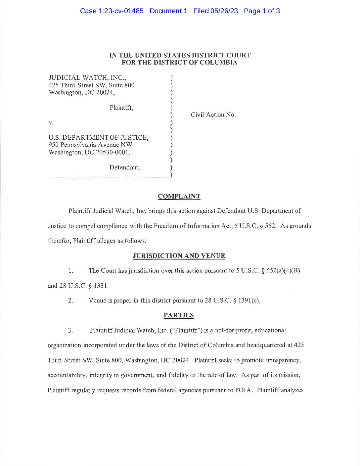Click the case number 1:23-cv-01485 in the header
(121, 11)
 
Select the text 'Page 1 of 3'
(262, 11)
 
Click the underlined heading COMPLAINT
(179, 196)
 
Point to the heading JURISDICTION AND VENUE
(179, 256)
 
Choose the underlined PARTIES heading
(179, 315)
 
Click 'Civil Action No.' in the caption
(213, 115)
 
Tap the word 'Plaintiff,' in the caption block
(121, 108)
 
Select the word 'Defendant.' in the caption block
(124, 167)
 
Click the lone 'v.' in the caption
(51, 122)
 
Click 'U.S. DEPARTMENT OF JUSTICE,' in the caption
(98, 137)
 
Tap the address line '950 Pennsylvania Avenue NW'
(90, 145)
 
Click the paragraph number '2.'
(70, 301)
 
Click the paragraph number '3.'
(70, 330)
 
